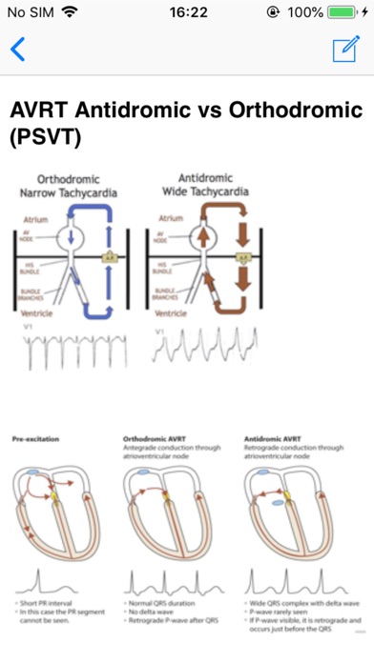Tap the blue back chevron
pyautogui.click(x=17, y=50)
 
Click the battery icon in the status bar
pyautogui.click(x=341, y=13)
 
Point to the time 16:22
pyautogui.click(x=187, y=13)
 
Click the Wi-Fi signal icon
pyautogui.click(x=70, y=13)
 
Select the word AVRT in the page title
pyautogui.click(x=39, y=110)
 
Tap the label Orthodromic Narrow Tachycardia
pyautogui.click(x=75, y=186)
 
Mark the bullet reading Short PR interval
pyautogui.click(x=52, y=603)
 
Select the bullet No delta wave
pyautogui.click(x=153, y=613)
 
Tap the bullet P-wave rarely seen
pyautogui.click(x=280, y=613)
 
